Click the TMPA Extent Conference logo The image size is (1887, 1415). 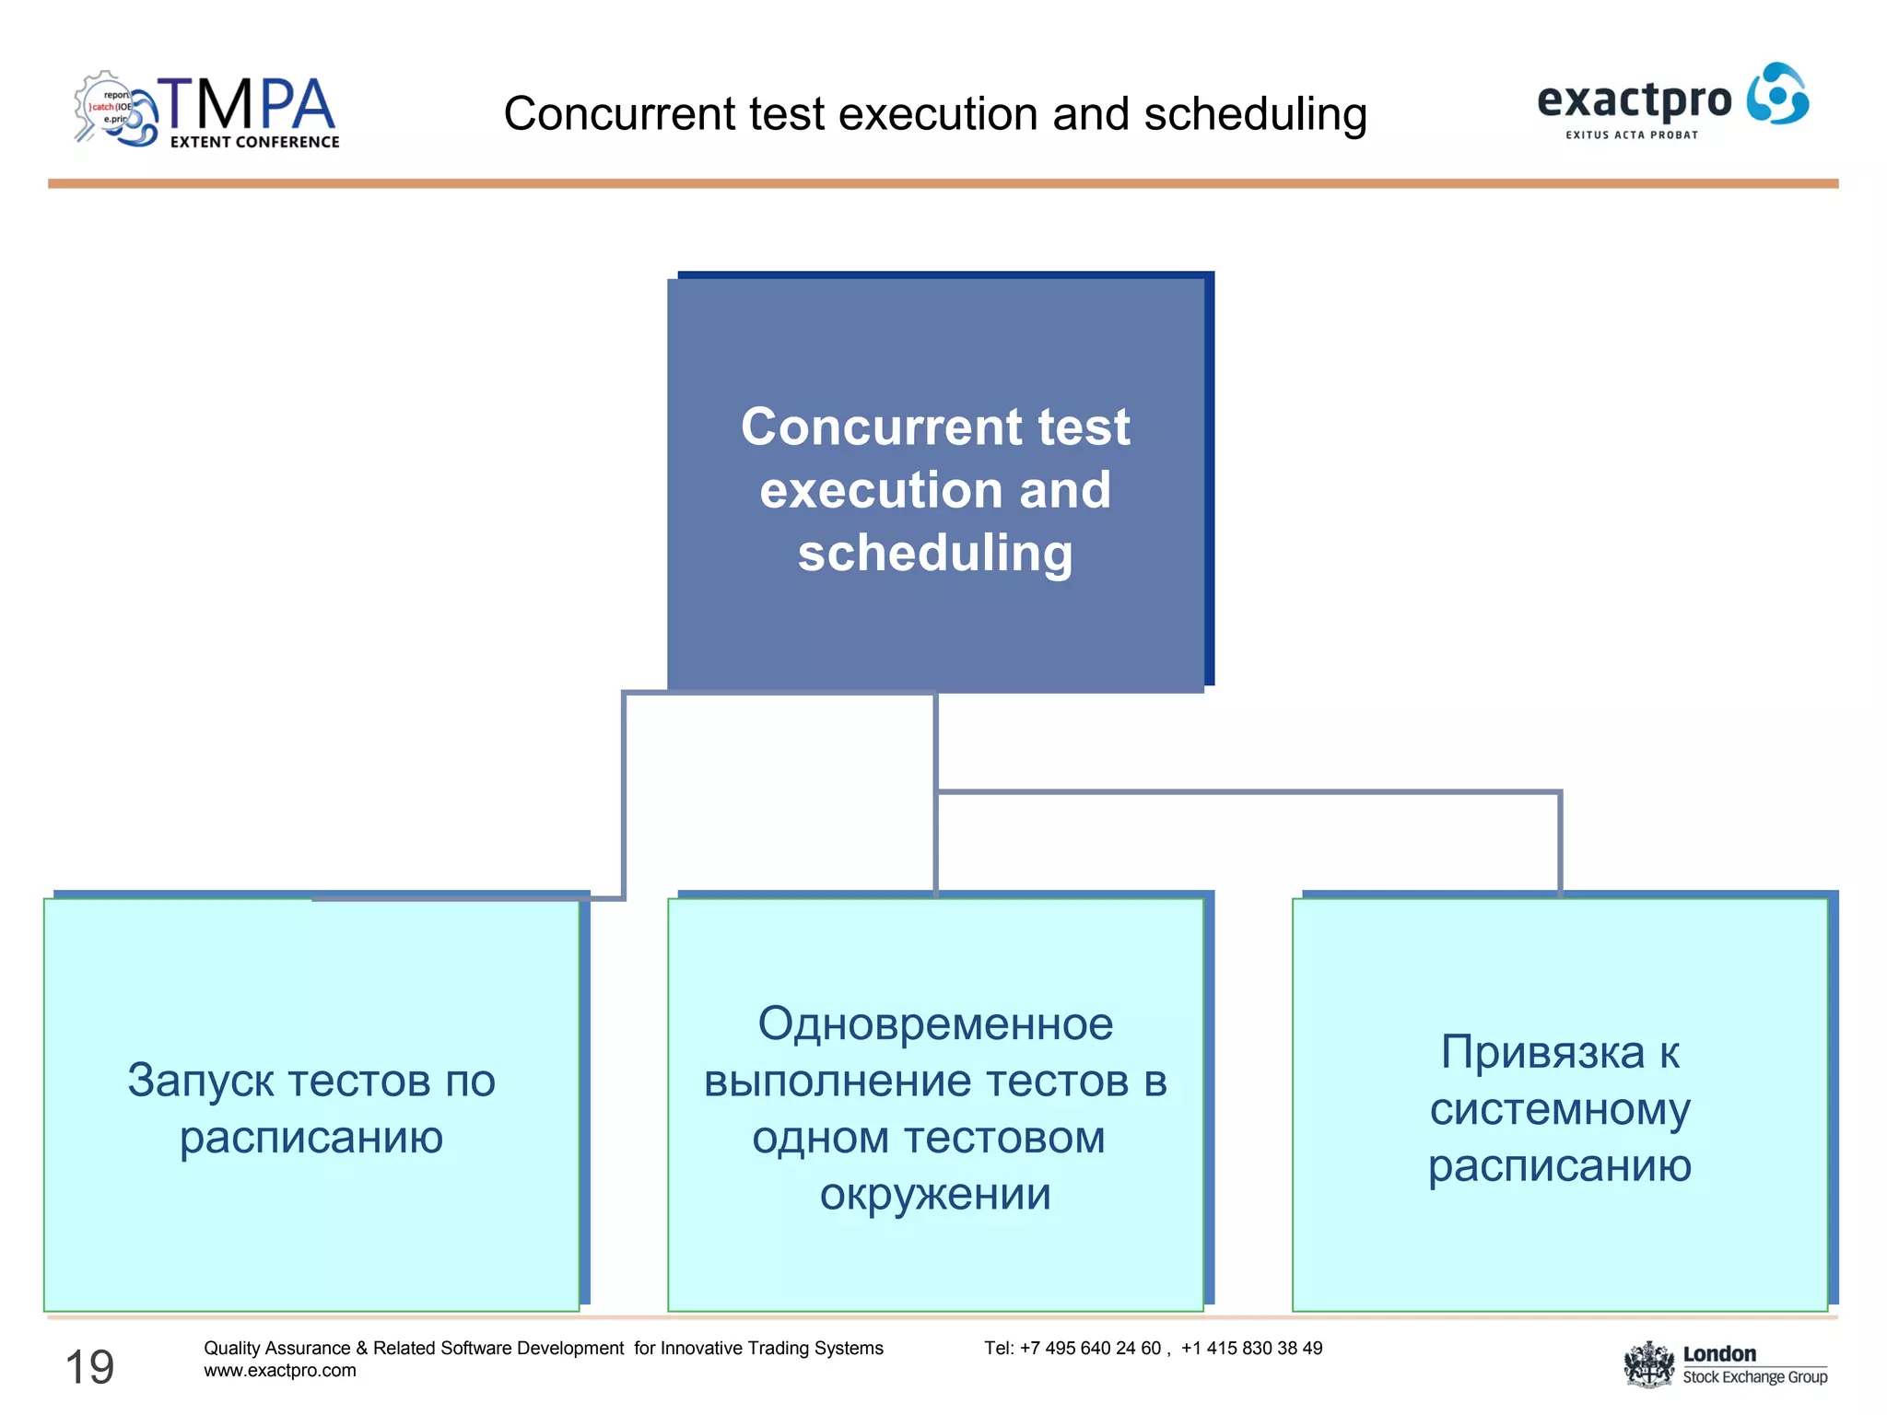tap(207, 111)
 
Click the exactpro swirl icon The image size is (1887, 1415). tap(1777, 94)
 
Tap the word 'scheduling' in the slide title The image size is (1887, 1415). tap(1255, 115)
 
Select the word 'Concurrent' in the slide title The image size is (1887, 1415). tap(620, 114)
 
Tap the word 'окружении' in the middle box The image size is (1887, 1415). tap(935, 1195)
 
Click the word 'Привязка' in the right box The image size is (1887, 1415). tap(1542, 1052)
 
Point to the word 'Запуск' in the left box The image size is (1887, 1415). tap(200, 1081)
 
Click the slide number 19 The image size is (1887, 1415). tap(89, 1367)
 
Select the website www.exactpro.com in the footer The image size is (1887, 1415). tap(280, 1371)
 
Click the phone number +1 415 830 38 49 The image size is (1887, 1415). tap(1251, 1349)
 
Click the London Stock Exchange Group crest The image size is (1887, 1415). tap(1647, 1364)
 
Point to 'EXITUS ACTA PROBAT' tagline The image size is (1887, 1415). tap(1632, 135)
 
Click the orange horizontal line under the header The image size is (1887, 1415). tap(943, 184)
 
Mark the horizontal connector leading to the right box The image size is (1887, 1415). tap(1248, 791)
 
